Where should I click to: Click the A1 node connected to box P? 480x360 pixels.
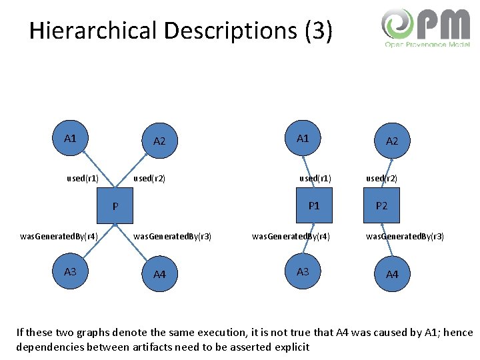70,139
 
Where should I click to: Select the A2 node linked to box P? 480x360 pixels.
160,141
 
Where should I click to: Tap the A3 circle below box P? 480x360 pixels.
70,272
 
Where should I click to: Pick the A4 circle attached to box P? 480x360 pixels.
160,274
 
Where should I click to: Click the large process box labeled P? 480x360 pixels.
115,207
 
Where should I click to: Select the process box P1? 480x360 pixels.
314,206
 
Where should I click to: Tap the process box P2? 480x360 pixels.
381,206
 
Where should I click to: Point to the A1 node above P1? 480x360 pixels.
303,139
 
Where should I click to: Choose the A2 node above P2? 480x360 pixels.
392,141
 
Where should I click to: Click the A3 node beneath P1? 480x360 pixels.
303,272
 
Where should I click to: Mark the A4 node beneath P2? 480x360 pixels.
392,274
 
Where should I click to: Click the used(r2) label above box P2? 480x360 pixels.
382,179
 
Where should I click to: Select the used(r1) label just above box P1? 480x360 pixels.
315,179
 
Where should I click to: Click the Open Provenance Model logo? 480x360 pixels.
426,28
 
